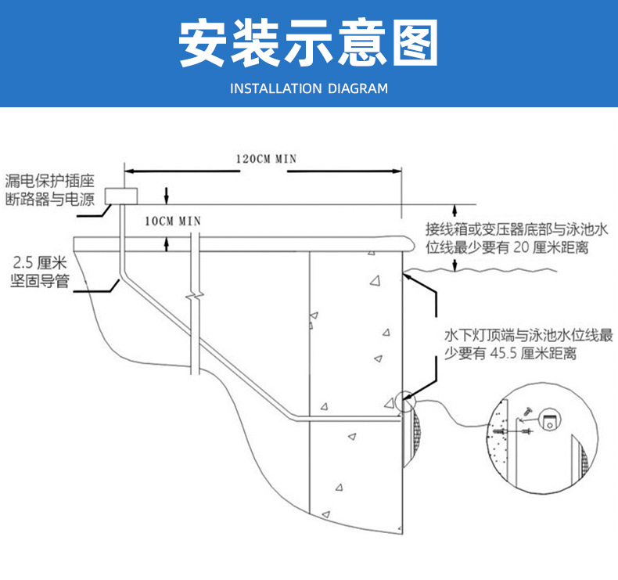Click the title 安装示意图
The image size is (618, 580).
pos(308,42)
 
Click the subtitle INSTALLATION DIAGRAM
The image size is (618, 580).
pos(309,88)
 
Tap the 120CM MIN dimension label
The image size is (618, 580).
pos(266,158)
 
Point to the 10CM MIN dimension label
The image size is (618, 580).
pos(173,221)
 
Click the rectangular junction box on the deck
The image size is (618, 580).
pos(121,195)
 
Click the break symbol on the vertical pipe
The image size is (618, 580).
pos(194,298)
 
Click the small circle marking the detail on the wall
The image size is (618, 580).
pos(405,402)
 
